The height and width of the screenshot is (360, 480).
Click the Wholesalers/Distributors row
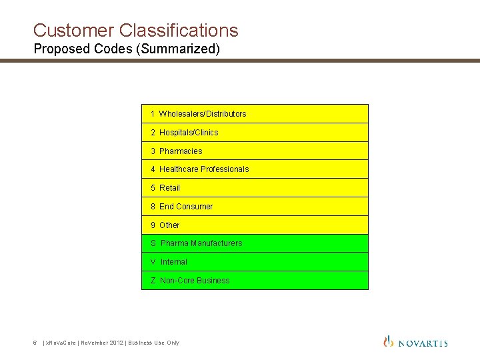click(255, 114)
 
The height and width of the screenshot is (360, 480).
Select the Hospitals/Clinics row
click(255, 133)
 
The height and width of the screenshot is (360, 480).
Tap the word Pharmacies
click(181, 151)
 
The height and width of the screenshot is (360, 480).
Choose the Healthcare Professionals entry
click(255, 169)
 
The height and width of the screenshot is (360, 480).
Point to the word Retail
click(170, 188)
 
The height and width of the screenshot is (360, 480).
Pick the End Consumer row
click(255, 207)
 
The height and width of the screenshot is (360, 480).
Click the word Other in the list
click(169, 225)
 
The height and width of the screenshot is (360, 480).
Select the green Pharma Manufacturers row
click(255, 243)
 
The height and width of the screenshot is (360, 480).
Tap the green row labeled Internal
click(255, 262)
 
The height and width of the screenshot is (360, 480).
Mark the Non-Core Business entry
click(255, 281)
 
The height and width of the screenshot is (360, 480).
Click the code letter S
click(153, 243)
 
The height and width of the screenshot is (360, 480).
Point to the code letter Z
click(153, 281)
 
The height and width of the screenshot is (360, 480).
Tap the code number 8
click(153, 207)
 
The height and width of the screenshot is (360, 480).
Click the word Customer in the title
click(74, 31)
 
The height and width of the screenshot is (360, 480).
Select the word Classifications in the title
click(179, 31)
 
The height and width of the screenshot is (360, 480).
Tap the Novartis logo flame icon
click(389, 341)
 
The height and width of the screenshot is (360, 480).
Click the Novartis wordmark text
click(423, 343)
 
